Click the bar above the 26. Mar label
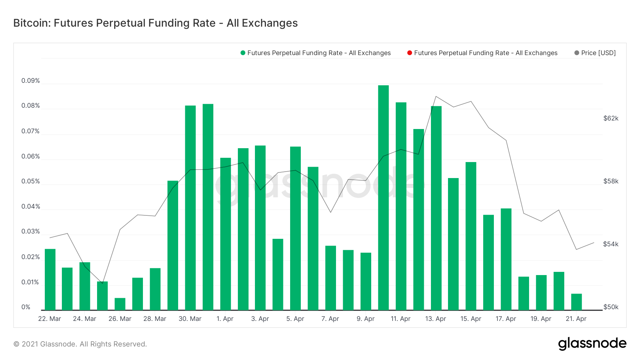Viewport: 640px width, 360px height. (120, 304)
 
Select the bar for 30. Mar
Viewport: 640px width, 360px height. (190, 208)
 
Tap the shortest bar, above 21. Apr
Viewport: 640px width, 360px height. (576, 302)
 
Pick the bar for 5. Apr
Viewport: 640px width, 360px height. (295, 228)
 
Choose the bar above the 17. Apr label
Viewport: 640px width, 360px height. (506, 259)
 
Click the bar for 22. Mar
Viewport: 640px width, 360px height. (50, 280)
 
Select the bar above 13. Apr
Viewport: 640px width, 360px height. (436, 208)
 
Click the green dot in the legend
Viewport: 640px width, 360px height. (243, 53)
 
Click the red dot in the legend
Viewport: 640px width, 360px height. (410, 53)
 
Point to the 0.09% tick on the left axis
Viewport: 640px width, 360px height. (31, 81)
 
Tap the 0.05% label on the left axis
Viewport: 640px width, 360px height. (31, 181)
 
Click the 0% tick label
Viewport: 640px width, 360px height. (26, 307)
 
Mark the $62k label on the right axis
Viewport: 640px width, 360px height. (611, 118)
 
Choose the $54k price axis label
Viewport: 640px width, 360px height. (611, 244)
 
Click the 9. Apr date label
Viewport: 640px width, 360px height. (366, 319)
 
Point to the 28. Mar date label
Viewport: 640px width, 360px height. (155, 319)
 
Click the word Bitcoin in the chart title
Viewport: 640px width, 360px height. (32, 23)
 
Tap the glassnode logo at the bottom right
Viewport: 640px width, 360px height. (592, 344)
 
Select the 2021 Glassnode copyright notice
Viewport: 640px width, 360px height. (80, 344)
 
